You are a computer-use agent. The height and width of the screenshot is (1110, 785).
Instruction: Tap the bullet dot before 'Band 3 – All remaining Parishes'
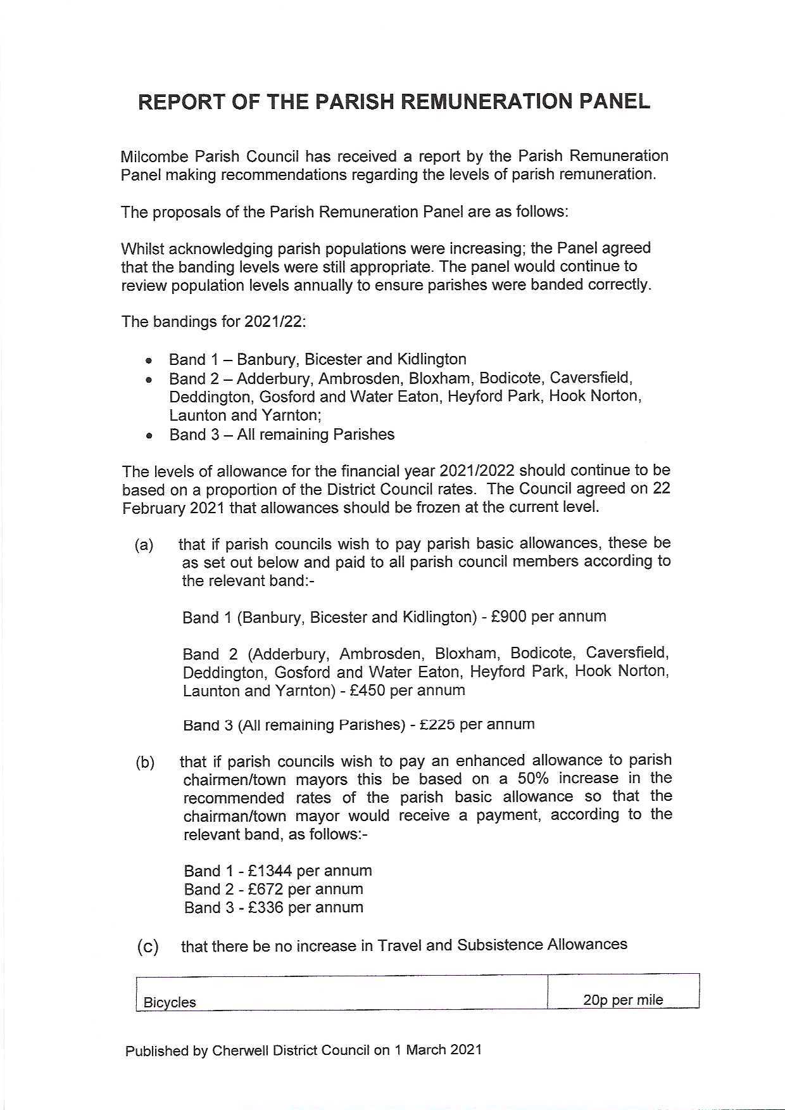click(149, 436)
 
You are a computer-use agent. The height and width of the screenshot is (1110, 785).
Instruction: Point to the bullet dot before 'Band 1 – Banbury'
click(149, 360)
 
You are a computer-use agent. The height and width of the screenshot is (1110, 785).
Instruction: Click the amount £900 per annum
click(508, 616)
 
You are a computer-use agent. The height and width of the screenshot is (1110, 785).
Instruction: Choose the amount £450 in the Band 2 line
click(367, 690)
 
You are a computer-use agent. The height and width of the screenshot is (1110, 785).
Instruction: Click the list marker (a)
click(144, 545)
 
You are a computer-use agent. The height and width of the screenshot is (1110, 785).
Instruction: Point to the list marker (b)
click(145, 762)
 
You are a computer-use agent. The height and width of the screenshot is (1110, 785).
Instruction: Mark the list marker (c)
click(148, 947)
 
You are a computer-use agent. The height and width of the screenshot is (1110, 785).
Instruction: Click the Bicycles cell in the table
click(170, 1002)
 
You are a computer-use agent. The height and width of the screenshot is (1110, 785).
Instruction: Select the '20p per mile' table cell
click(623, 1000)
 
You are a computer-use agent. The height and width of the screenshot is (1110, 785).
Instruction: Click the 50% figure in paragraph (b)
click(533, 779)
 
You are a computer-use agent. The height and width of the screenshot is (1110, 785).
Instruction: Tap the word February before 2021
click(152, 508)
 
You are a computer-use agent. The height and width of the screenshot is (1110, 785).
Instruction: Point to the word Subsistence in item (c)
click(500, 945)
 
